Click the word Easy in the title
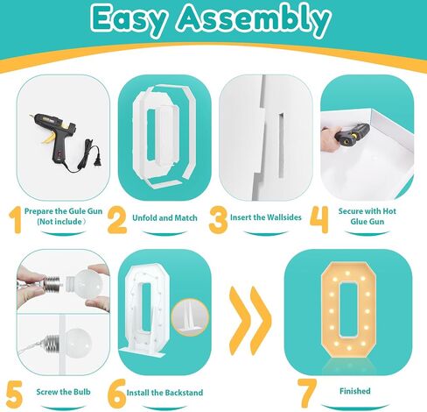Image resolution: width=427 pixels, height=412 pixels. pyautogui.click(x=130, y=20)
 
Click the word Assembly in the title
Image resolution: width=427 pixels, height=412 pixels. pyautogui.click(x=253, y=19)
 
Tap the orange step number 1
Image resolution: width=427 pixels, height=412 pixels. pyautogui.click(x=16, y=219)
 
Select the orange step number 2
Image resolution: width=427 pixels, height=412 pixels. pyautogui.click(x=117, y=220)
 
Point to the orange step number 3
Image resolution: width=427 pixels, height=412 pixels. pyautogui.click(x=218, y=220)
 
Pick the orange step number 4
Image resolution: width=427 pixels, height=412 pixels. pyautogui.click(x=319, y=220)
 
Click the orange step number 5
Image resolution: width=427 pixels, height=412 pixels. pyautogui.click(x=14, y=394)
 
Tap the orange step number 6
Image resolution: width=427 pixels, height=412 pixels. pyautogui.click(x=116, y=394)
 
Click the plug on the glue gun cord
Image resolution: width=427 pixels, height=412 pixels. pyautogui.click(x=99, y=160)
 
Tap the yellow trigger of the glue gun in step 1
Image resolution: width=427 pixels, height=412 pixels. pyautogui.click(x=48, y=139)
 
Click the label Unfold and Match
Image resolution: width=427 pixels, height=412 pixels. pyautogui.click(x=164, y=217)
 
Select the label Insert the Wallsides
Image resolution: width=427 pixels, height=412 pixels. pyautogui.click(x=266, y=217)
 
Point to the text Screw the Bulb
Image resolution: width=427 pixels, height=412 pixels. pyautogui.click(x=63, y=392)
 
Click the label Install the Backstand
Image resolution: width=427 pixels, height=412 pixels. pyautogui.click(x=164, y=393)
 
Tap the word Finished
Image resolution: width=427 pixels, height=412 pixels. pyautogui.click(x=355, y=391)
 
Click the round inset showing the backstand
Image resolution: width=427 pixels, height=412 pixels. pyautogui.click(x=190, y=317)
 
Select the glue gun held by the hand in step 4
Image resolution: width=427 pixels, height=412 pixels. pyautogui.click(x=352, y=132)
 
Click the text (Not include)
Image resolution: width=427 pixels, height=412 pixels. pyautogui.click(x=61, y=222)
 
